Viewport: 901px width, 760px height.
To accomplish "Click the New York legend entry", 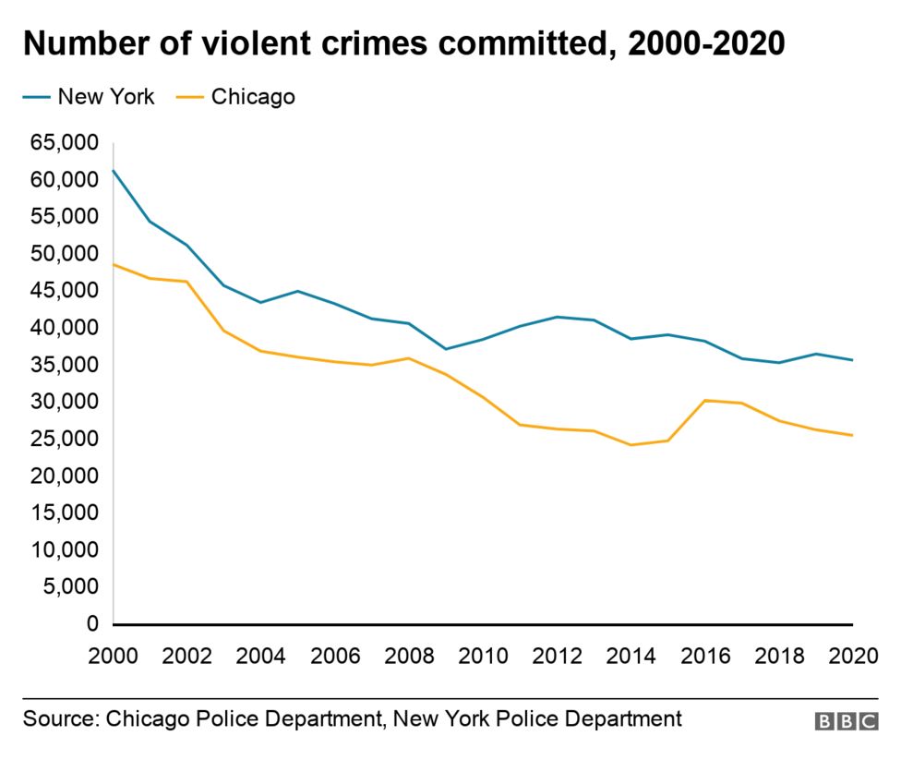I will point(90,96).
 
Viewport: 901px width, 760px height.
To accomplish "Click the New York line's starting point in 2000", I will point(113,170).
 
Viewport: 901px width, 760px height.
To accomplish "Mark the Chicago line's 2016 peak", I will point(704,400).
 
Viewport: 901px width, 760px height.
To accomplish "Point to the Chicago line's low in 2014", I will point(631,445).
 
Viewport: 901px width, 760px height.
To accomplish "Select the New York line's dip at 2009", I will point(446,349).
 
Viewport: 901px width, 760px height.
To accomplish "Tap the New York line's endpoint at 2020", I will point(851,360).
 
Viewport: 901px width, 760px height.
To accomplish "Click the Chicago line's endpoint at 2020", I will point(851,435).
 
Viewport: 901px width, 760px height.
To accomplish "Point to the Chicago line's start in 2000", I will point(113,264).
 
